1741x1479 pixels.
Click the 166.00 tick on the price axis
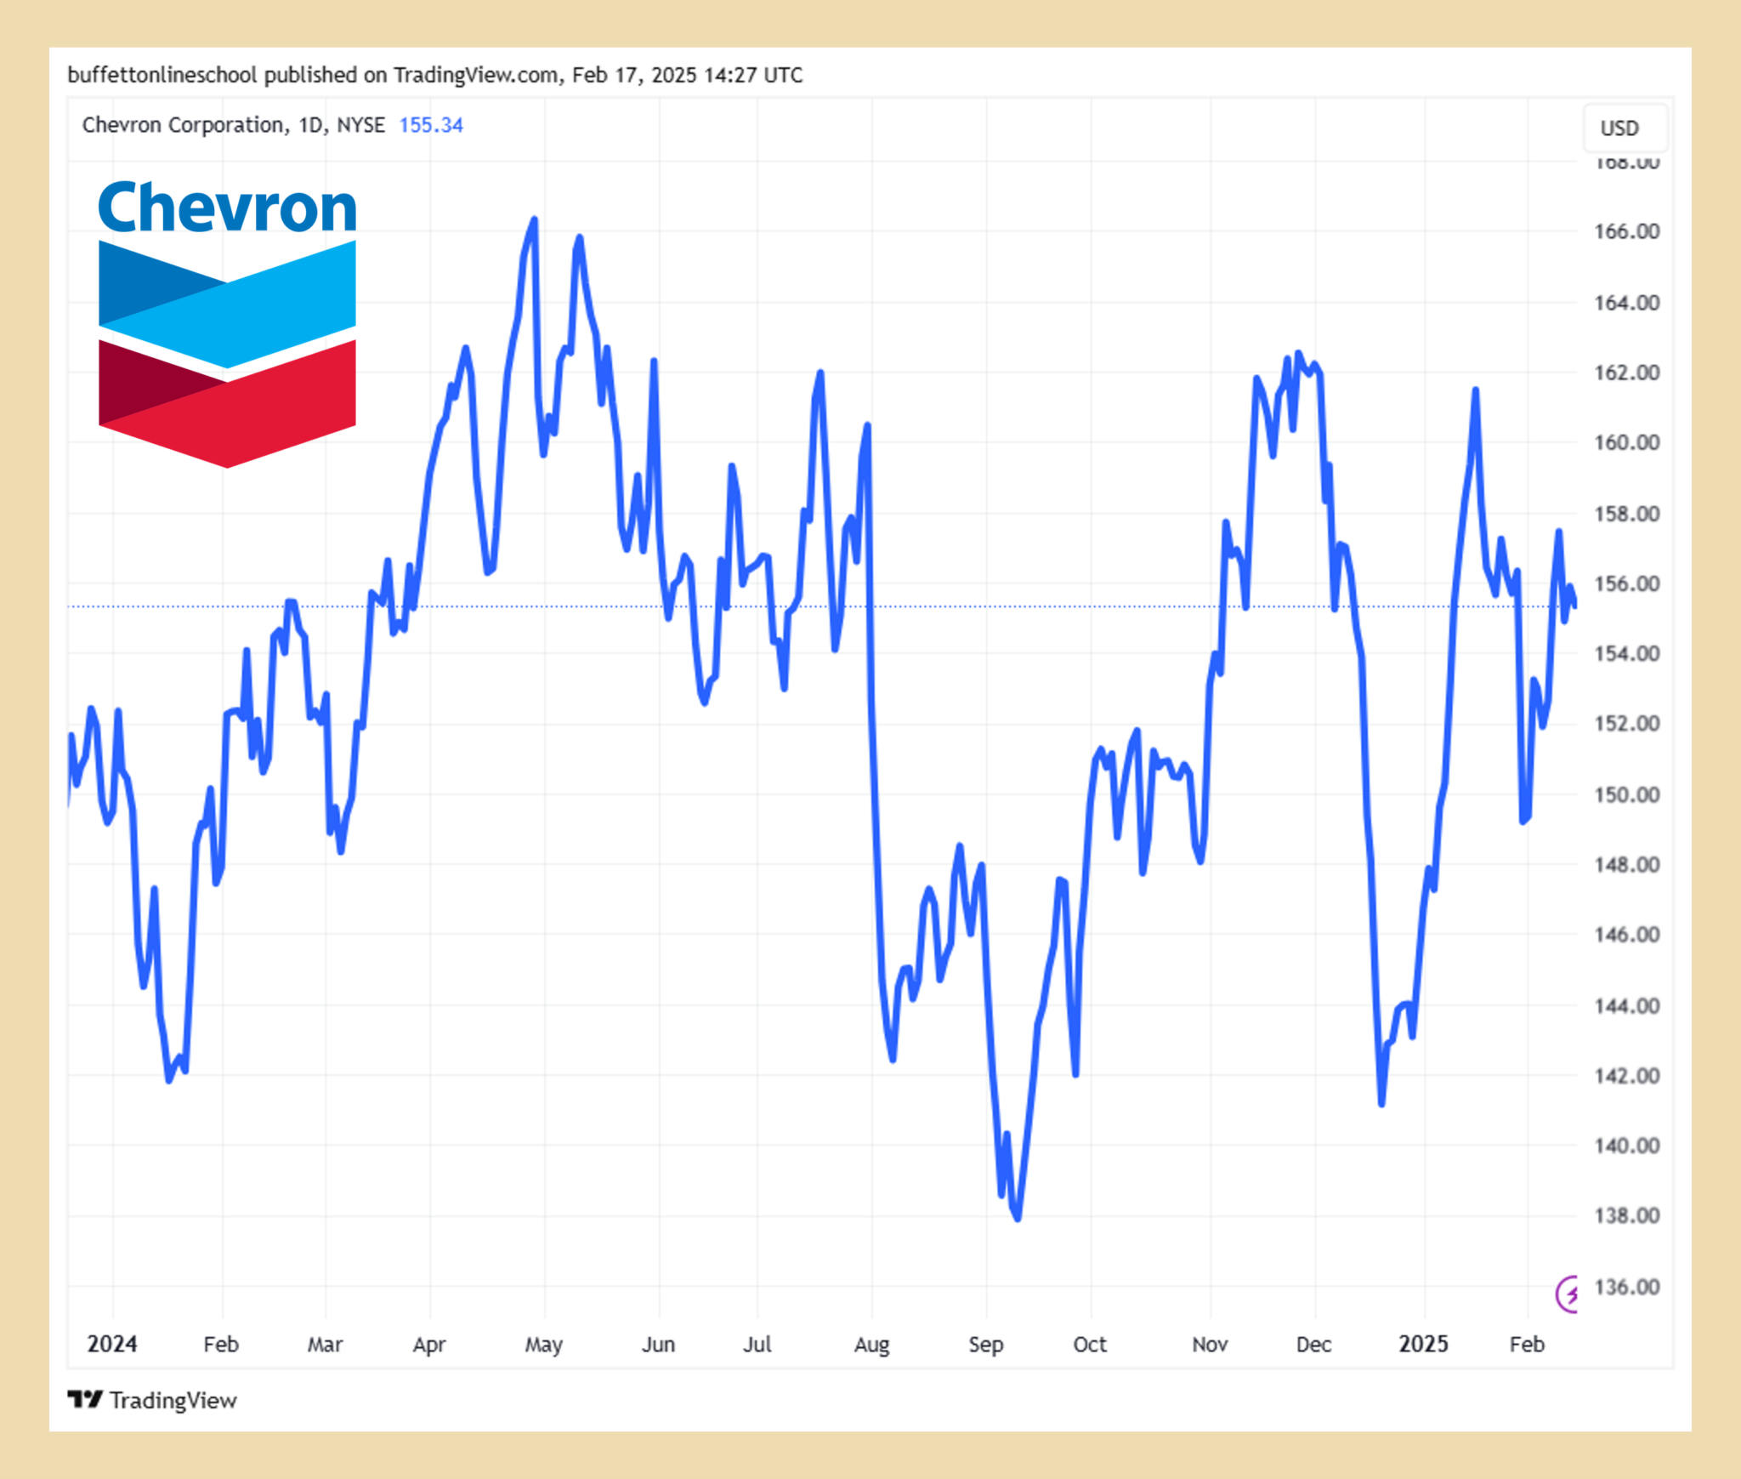pos(1626,231)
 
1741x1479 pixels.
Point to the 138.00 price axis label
pos(1626,1215)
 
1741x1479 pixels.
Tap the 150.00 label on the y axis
pos(1626,794)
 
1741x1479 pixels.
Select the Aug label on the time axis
pos(871,1345)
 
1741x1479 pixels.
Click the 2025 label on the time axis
pos(1423,1344)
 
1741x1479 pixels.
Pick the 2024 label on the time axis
pos(112,1344)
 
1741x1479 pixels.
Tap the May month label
pos(543,1345)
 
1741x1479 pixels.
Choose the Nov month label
pos(1210,1345)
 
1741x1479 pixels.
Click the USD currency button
pos(1619,128)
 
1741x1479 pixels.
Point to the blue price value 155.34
pos(431,125)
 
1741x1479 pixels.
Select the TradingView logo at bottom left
pos(152,1400)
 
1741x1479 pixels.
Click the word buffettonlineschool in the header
pos(162,75)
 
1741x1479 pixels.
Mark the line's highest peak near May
pos(534,219)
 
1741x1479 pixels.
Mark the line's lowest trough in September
pos(1018,1219)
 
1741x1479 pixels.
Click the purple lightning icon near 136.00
pos(1568,1294)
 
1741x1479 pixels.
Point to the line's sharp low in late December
pos(1381,1104)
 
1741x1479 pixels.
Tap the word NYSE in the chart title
pos(360,125)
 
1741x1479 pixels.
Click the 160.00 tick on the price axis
pos(1626,442)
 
